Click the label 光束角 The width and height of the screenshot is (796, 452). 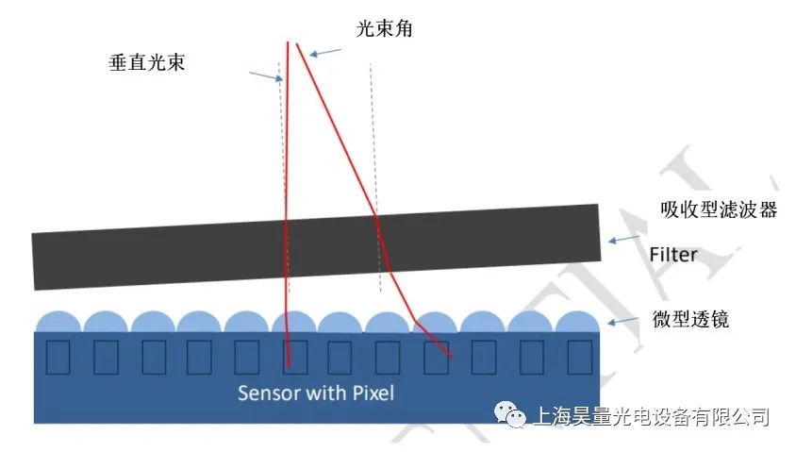click(x=384, y=29)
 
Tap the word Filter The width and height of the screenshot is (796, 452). click(x=673, y=254)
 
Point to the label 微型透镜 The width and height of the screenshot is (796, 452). click(x=691, y=320)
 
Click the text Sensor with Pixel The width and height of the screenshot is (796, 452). click(x=316, y=393)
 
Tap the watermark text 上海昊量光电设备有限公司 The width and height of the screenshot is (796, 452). click(x=652, y=416)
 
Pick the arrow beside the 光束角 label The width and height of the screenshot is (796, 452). click(x=323, y=54)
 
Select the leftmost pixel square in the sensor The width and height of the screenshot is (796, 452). click(x=58, y=357)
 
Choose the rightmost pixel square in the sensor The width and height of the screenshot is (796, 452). click(x=579, y=357)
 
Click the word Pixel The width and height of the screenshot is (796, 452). click(x=372, y=393)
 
